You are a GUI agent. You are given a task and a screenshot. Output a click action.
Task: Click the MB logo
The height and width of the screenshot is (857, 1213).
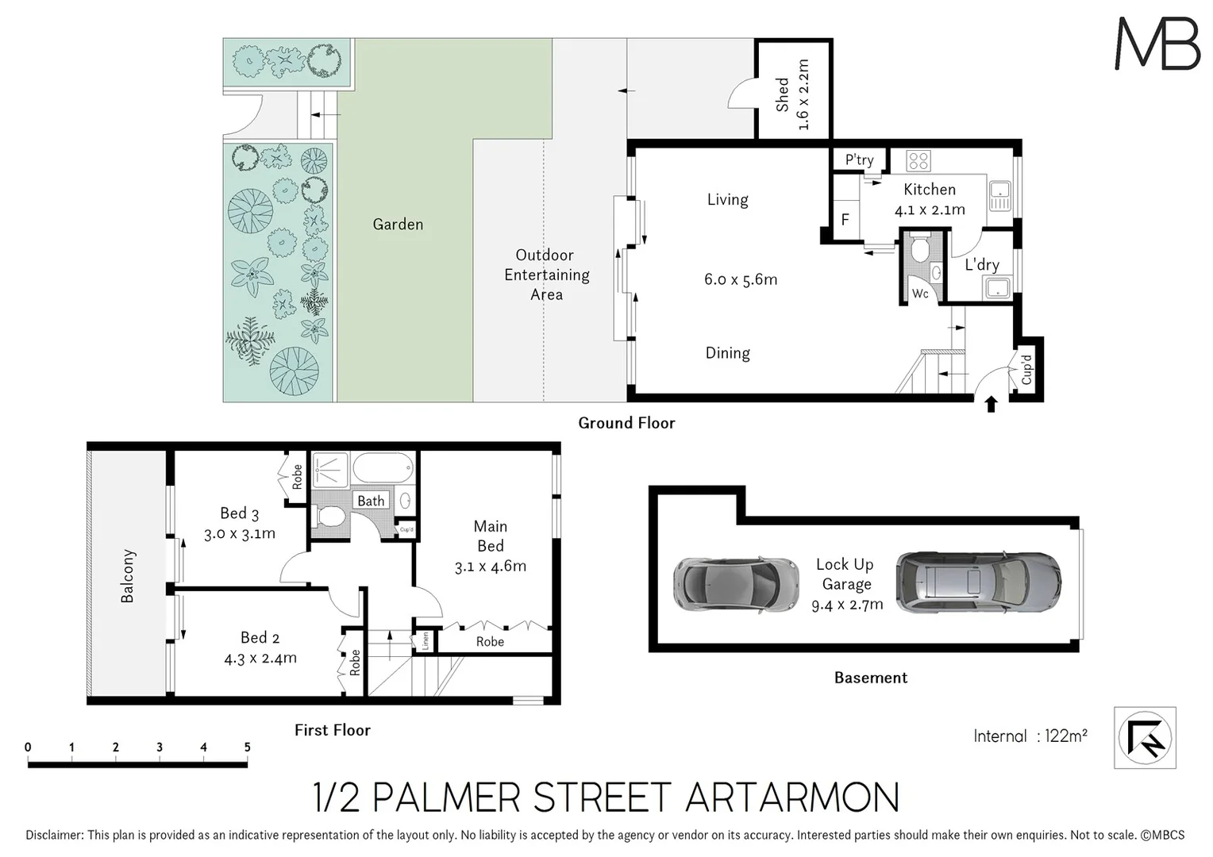click(x=1157, y=44)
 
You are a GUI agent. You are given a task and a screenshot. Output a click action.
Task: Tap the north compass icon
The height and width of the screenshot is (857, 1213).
click(x=1145, y=738)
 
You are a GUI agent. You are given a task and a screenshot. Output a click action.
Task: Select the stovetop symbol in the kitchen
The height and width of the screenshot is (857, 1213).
click(x=918, y=161)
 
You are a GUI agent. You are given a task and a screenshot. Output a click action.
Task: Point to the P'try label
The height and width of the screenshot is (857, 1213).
click(x=859, y=159)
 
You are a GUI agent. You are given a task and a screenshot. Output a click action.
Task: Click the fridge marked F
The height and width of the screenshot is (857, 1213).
click(x=845, y=219)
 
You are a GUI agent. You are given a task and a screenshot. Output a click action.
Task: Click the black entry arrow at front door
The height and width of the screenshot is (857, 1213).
click(x=991, y=405)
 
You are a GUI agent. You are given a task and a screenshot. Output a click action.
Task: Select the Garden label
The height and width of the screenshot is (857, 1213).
click(x=398, y=225)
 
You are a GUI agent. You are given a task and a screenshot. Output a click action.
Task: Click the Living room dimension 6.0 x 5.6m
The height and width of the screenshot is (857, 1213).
click(x=740, y=279)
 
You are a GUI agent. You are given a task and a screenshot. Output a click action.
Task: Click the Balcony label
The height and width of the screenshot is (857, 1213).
click(x=128, y=576)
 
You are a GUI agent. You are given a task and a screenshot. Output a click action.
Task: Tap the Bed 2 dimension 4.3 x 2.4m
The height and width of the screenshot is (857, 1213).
click(x=260, y=658)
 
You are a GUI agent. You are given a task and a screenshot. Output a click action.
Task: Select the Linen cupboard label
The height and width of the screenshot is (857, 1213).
click(x=426, y=640)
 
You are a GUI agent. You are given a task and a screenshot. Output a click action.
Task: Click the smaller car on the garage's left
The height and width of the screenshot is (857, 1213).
click(x=735, y=585)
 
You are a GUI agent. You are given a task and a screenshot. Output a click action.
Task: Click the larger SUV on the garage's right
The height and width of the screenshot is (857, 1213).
click(x=977, y=582)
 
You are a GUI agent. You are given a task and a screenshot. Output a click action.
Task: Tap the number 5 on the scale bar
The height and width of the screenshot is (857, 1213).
click(x=247, y=747)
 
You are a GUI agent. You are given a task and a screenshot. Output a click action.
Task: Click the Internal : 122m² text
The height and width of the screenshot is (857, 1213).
click(x=1030, y=736)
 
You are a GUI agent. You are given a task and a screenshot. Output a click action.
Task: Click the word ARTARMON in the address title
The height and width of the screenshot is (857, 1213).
click(x=791, y=797)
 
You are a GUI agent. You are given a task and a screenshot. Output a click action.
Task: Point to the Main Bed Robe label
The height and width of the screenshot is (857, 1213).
click(x=490, y=641)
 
